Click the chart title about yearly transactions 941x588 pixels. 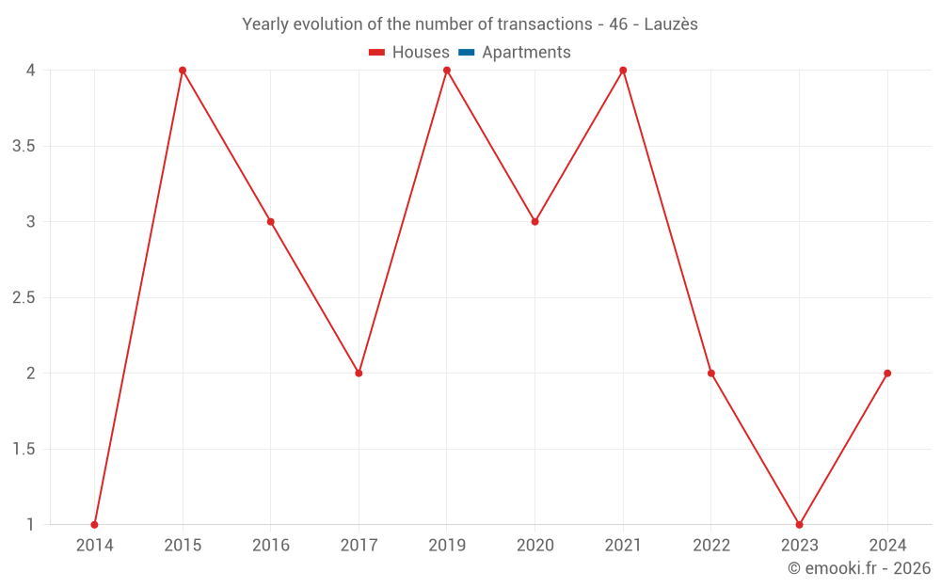(470, 24)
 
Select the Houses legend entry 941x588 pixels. (409, 53)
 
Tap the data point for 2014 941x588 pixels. (94, 525)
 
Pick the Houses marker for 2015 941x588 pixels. (183, 71)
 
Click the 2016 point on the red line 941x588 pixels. (270, 222)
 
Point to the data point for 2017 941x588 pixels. (359, 373)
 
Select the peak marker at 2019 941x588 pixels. (447, 71)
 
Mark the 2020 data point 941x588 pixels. (534, 222)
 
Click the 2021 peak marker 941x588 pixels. (623, 71)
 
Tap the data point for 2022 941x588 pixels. (711, 373)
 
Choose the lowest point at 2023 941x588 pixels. (799, 525)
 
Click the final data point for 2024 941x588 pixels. (887, 373)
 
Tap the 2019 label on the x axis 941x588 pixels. (447, 546)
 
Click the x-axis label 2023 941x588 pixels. (799, 546)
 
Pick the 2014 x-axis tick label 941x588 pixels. (94, 546)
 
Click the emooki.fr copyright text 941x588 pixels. (859, 568)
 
